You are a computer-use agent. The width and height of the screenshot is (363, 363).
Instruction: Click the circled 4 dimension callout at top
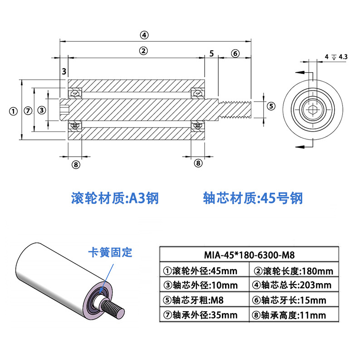tap(144, 35)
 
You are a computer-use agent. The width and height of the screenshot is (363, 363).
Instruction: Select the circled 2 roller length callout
tap(143, 51)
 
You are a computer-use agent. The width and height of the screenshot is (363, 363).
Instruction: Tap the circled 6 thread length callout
tap(235, 54)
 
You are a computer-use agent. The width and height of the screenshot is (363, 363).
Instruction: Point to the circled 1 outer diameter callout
tap(13, 111)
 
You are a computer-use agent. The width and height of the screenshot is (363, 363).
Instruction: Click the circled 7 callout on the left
tap(28, 111)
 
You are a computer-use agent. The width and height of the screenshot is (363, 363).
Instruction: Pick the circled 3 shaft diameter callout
tap(42, 110)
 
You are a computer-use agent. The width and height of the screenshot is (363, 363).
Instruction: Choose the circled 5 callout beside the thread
tap(271, 106)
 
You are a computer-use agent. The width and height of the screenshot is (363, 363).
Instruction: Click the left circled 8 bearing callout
tap(76, 165)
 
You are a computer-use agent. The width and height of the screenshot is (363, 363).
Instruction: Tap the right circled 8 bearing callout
tap(198, 163)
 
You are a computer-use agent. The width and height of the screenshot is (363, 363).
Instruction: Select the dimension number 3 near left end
tap(64, 72)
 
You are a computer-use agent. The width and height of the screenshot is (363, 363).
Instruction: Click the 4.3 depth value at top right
tap(343, 57)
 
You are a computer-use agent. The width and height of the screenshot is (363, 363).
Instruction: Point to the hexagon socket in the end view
tap(313, 109)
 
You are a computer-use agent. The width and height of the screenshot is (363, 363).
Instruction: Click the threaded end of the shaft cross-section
tap(235, 110)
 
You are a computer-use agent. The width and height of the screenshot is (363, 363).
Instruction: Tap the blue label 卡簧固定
tap(110, 252)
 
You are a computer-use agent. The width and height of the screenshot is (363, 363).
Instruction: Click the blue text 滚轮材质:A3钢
tap(115, 198)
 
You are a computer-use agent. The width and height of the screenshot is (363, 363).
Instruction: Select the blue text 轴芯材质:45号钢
tap(253, 198)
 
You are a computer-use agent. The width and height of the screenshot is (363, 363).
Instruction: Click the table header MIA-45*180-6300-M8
tap(249, 255)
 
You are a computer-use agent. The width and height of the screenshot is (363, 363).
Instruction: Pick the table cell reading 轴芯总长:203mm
tap(292, 285)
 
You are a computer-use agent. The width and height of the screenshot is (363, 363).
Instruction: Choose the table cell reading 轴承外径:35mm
tap(200, 315)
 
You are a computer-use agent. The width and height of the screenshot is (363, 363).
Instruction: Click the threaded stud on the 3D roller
tap(113, 307)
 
